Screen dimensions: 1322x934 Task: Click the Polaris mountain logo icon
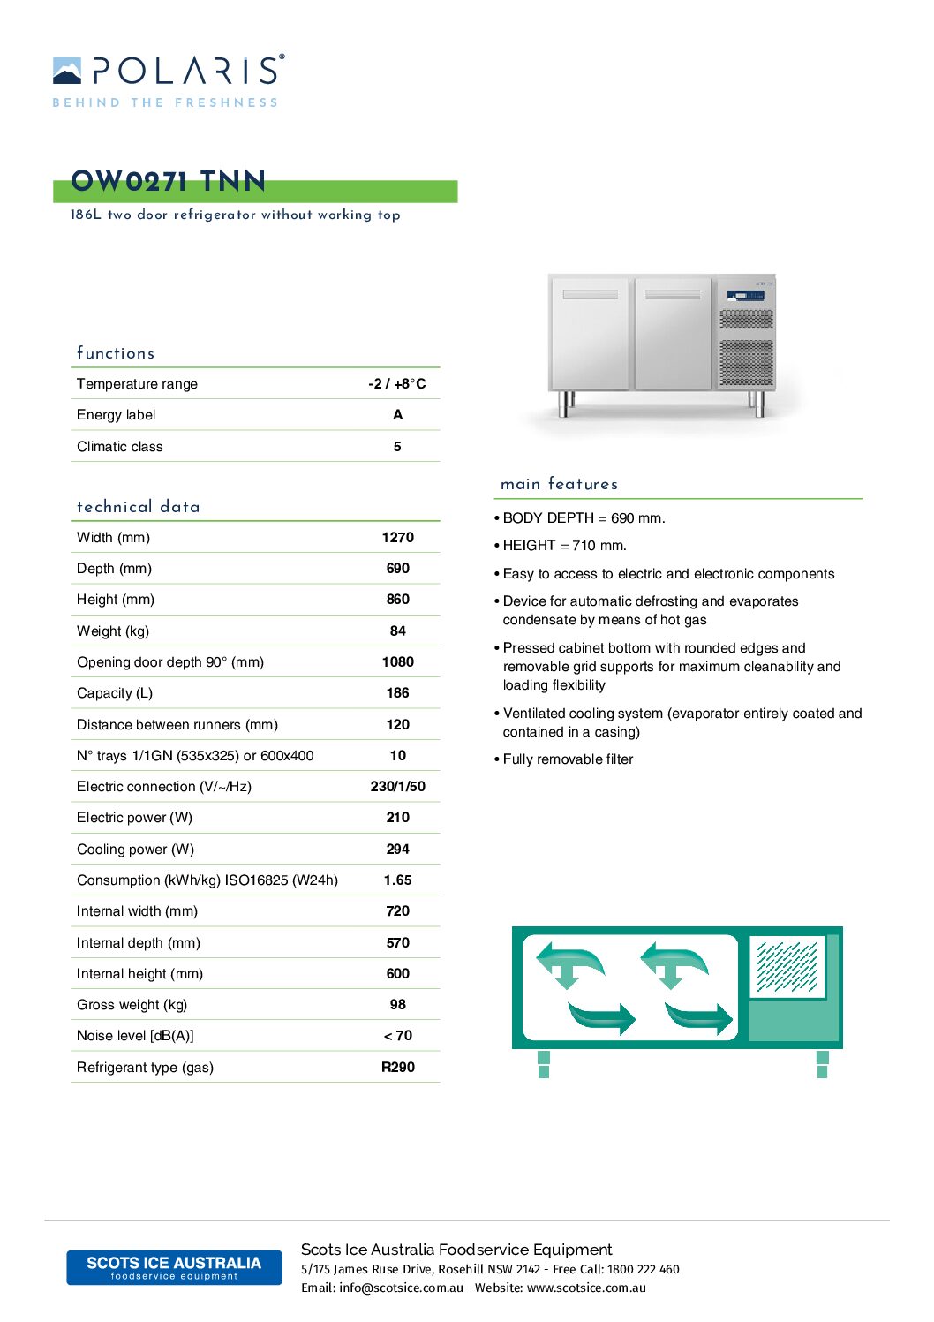[x=67, y=71]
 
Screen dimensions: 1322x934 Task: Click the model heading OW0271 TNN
[x=168, y=182]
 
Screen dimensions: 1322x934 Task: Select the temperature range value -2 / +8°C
[x=396, y=383]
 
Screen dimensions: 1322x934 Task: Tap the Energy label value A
[x=397, y=415]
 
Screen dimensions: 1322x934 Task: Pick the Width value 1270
[x=397, y=537]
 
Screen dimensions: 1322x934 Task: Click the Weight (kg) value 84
[x=397, y=631]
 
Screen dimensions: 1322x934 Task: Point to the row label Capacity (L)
[x=115, y=693]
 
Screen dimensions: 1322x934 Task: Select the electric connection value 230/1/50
[x=397, y=786]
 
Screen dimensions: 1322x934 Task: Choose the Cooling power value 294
[x=397, y=849]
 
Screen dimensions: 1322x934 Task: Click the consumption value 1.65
[x=397, y=880]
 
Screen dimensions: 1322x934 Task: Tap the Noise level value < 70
[x=397, y=1035]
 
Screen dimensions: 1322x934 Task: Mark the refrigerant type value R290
[x=397, y=1067]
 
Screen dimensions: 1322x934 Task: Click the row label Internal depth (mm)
[x=139, y=942]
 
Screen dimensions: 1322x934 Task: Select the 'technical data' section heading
[x=139, y=507]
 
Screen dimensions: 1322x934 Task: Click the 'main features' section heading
[x=559, y=484]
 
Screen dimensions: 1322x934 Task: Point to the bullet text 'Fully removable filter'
[x=568, y=759]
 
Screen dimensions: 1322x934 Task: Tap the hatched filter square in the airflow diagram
[x=787, y=966]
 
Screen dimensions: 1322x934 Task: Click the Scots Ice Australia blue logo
[x=174, y=1267]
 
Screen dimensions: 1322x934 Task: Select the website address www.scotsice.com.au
[x=586, y=1288]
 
